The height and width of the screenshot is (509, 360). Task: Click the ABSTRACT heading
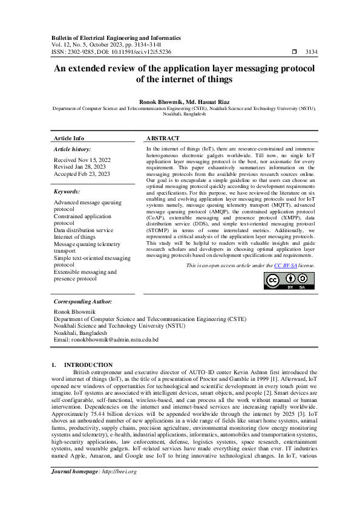coord(163,138)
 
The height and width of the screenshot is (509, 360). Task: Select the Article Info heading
coord(69,138)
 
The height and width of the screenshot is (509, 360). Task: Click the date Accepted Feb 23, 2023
coord(82,174)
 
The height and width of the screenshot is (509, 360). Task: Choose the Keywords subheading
coord(67,191)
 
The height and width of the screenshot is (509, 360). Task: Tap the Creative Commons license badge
coord(289,280)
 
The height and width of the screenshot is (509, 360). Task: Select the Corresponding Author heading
coord(83,301)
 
